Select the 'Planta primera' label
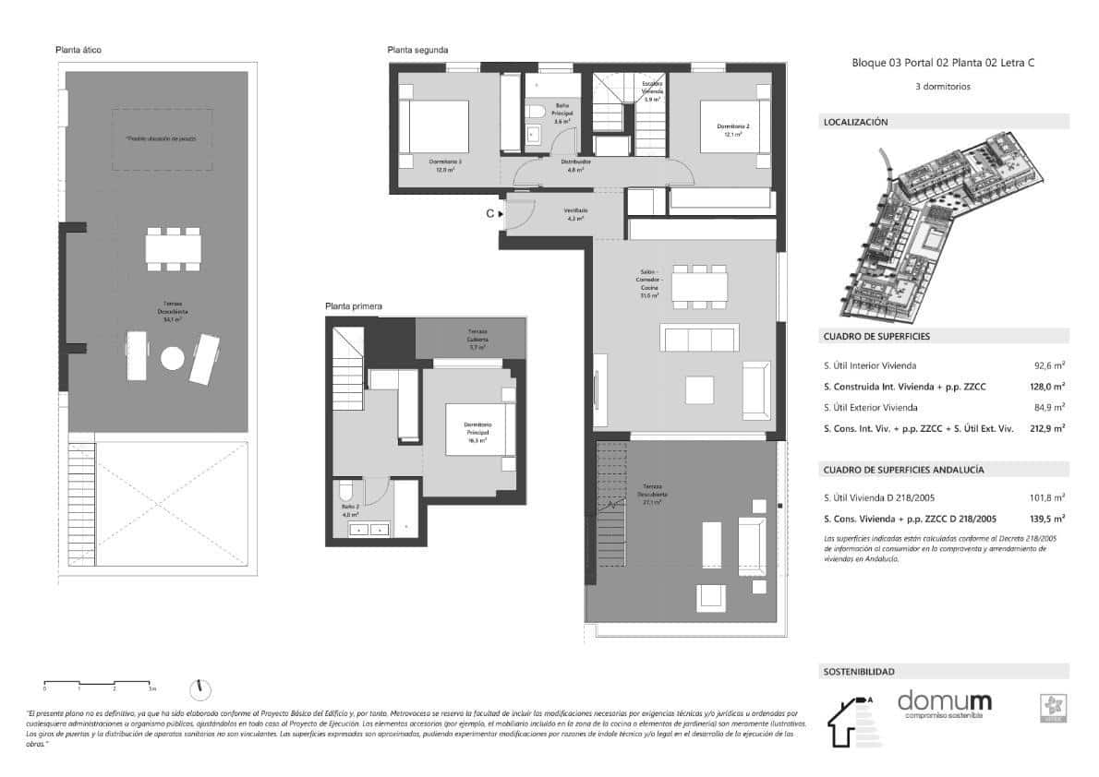[x=353, y=305]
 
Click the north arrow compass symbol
[x=200, y=688]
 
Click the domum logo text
[x=944, y=702]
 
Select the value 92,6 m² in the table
[x=1049, y=365]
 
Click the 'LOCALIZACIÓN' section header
[x=854, y=122]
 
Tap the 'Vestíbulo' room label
[x=576, y=211]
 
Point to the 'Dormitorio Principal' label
[x=478, y=429]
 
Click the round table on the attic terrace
[x=174, y=357]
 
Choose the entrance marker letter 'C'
[x=490, y=214]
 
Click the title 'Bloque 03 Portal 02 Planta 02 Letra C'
[x=942, y=64]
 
